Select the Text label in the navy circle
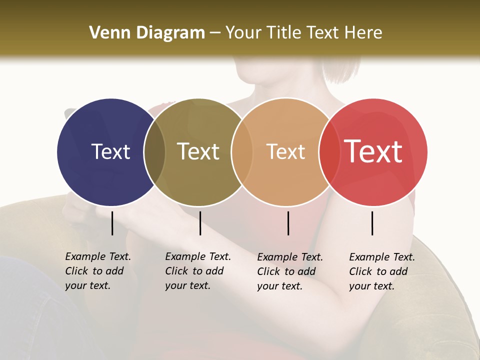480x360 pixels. click(110, 151)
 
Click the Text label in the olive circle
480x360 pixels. click(198, 151)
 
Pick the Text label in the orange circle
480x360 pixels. click(285, 151)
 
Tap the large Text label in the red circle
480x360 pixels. click(373, 151)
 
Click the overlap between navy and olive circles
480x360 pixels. click(154, 152)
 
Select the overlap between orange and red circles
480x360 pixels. click(329, 152)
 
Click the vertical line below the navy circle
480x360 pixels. click(112, 223)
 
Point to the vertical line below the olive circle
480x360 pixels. click(200, 223)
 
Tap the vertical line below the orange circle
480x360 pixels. click(288, 223)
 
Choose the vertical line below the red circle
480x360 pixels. click(372, 223)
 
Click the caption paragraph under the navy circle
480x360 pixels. click(97, 271)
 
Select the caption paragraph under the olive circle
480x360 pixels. click(197, 271)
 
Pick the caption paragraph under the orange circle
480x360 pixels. click(289, 271)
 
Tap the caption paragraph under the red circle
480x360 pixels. click(381, 271)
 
